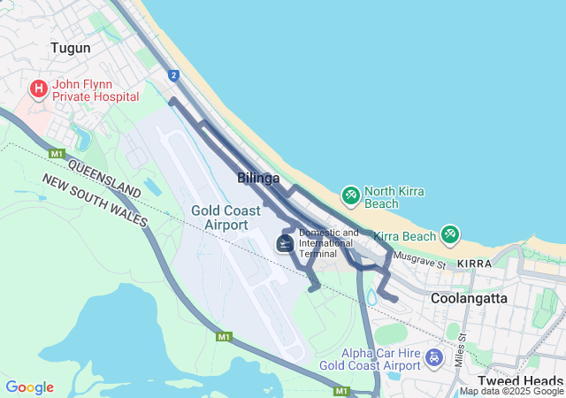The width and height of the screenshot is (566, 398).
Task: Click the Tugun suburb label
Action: click(71, 48)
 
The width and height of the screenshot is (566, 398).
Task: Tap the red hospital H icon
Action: click(39, 88)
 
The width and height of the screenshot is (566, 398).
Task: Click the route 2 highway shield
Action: click(173, 75)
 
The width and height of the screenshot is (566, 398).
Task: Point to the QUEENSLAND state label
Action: click(104, 180)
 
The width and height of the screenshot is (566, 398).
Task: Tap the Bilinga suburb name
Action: click(258, 178)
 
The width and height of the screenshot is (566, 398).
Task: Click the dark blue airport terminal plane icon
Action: click(285, 242)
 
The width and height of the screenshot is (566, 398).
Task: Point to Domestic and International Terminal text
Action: click(329, 243)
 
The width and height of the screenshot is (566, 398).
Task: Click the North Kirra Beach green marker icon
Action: click(350, 194)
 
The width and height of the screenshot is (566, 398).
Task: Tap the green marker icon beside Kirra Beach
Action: click(450, 233)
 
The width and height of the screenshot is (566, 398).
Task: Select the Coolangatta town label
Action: click(470, 298)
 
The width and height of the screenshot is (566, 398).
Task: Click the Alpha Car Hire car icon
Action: click(433, 358)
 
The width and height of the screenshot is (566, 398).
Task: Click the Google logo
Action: click(29, 387)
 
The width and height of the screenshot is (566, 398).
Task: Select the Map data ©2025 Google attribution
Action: click(511, 392)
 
